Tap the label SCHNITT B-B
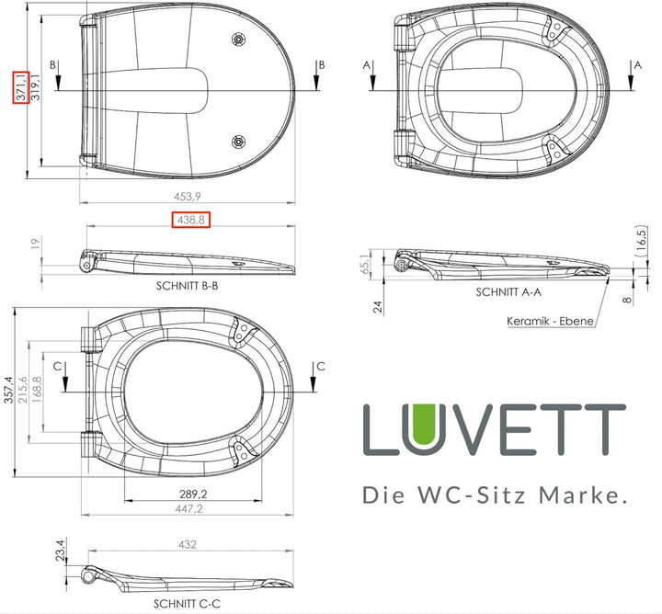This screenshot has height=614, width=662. point(187,286)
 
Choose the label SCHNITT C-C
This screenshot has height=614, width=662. point(187,604)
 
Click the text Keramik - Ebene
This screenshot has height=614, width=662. point(550,322)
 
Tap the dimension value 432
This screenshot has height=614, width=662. point(187,545)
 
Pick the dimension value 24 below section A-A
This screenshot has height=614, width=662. point(377,307)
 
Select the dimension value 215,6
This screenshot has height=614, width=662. point(36,391)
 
